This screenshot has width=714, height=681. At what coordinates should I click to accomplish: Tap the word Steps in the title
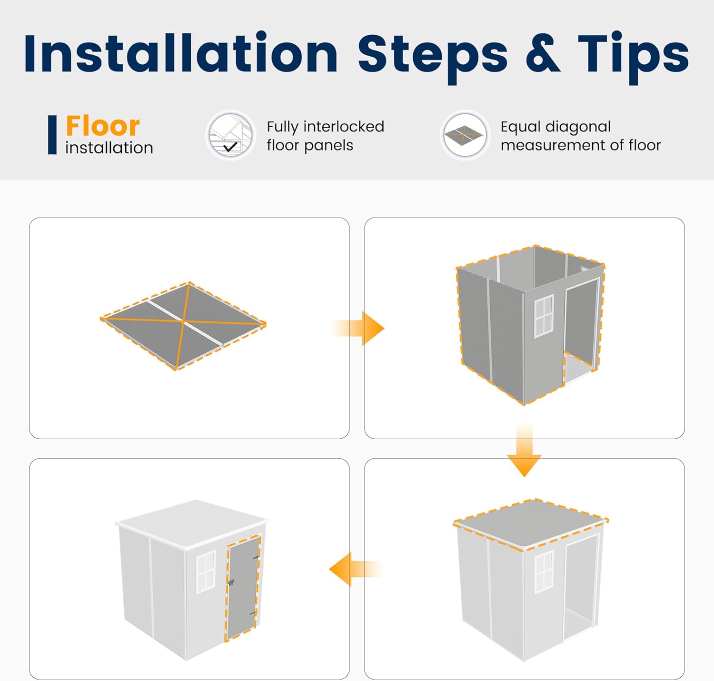tap(433, 58)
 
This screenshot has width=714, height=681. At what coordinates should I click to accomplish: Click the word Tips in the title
tap(633, 58)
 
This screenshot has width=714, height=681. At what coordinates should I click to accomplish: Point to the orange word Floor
tap(103, 126)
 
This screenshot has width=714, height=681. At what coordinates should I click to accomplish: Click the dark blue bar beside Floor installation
tap(52, 135)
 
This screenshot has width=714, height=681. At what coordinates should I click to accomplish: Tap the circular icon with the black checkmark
tap(230, 135)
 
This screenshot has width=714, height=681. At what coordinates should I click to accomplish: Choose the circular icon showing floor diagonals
tap(465, 135)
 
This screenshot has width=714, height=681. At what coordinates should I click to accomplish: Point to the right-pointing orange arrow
tap(357, 328)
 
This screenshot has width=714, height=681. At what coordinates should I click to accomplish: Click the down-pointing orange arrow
tap(524, 449)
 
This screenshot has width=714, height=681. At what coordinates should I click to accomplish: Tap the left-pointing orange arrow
tap(356, 569)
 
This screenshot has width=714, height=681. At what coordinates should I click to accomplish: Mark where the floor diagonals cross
tap(183, 321)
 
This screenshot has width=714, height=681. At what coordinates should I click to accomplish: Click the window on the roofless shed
tap(544, 316)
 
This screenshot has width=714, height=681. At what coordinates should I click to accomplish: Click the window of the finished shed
tap(206, 572)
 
